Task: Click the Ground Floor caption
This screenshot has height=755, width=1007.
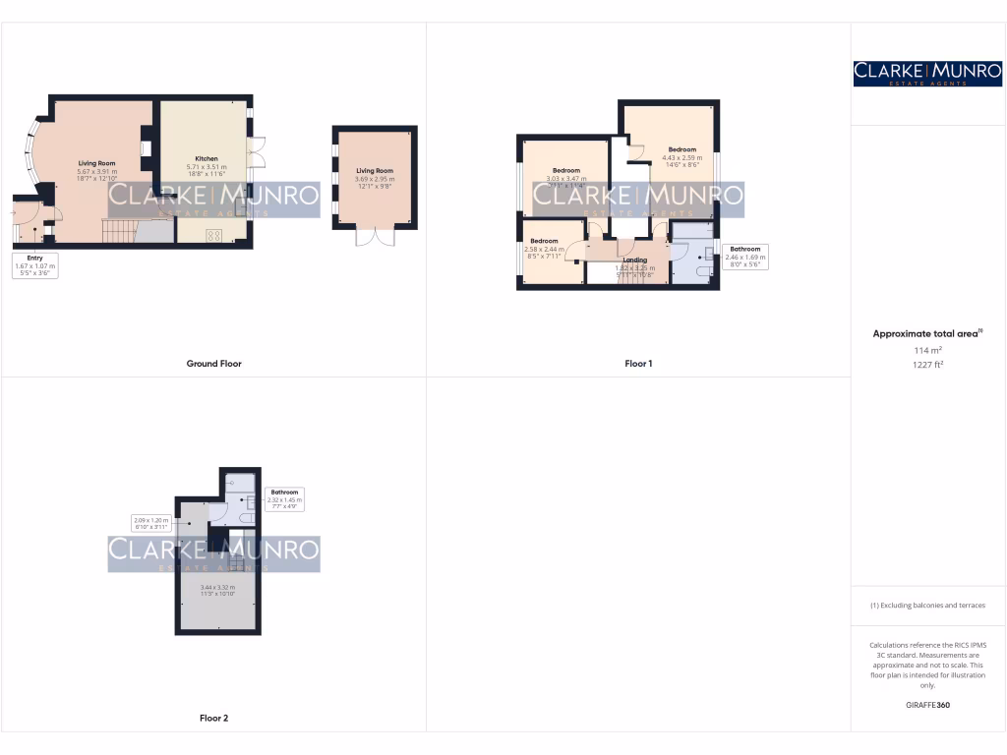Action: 213,364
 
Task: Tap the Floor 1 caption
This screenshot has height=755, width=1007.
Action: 638,364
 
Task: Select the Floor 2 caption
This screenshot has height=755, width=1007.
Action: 213,719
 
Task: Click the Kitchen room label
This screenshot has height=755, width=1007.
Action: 207,158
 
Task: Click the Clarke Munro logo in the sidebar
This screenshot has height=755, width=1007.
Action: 927,73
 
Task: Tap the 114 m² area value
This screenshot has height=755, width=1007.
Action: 927,350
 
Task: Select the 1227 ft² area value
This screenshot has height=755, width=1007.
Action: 927,365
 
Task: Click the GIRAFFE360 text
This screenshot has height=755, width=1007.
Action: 927,705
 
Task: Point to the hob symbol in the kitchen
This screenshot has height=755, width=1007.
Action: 213,234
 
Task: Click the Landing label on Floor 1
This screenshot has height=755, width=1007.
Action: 634,261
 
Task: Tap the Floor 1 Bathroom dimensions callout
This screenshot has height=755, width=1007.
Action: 744,257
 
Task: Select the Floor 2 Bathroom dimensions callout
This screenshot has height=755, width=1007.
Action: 285,497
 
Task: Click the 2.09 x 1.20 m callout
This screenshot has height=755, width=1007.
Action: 151,523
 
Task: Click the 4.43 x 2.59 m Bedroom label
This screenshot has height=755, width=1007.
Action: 681,154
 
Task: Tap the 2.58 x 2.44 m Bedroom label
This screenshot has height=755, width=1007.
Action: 544,246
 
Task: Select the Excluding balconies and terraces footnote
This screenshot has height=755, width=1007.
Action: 927,606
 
